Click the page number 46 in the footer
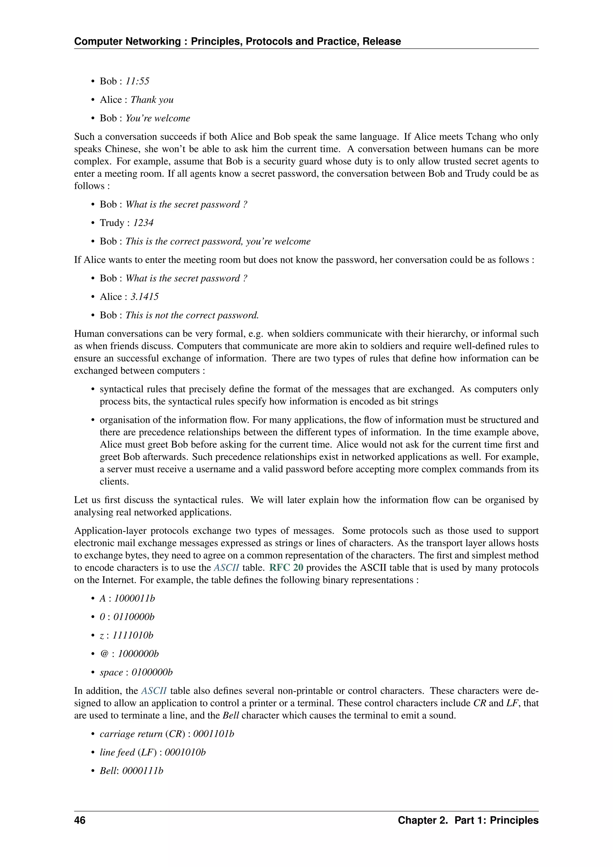coord(80,820)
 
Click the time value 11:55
coord(137,81)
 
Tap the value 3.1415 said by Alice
coord(145,297)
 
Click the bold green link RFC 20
coord(286,568)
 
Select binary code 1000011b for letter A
coord(134,598)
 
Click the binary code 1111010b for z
coord(133,636)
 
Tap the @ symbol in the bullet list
coord(104,654)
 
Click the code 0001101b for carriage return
coord(214,734)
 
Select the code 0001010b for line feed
coord(185,753)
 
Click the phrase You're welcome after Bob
coord(158,118)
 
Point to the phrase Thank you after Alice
coord(152,100)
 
